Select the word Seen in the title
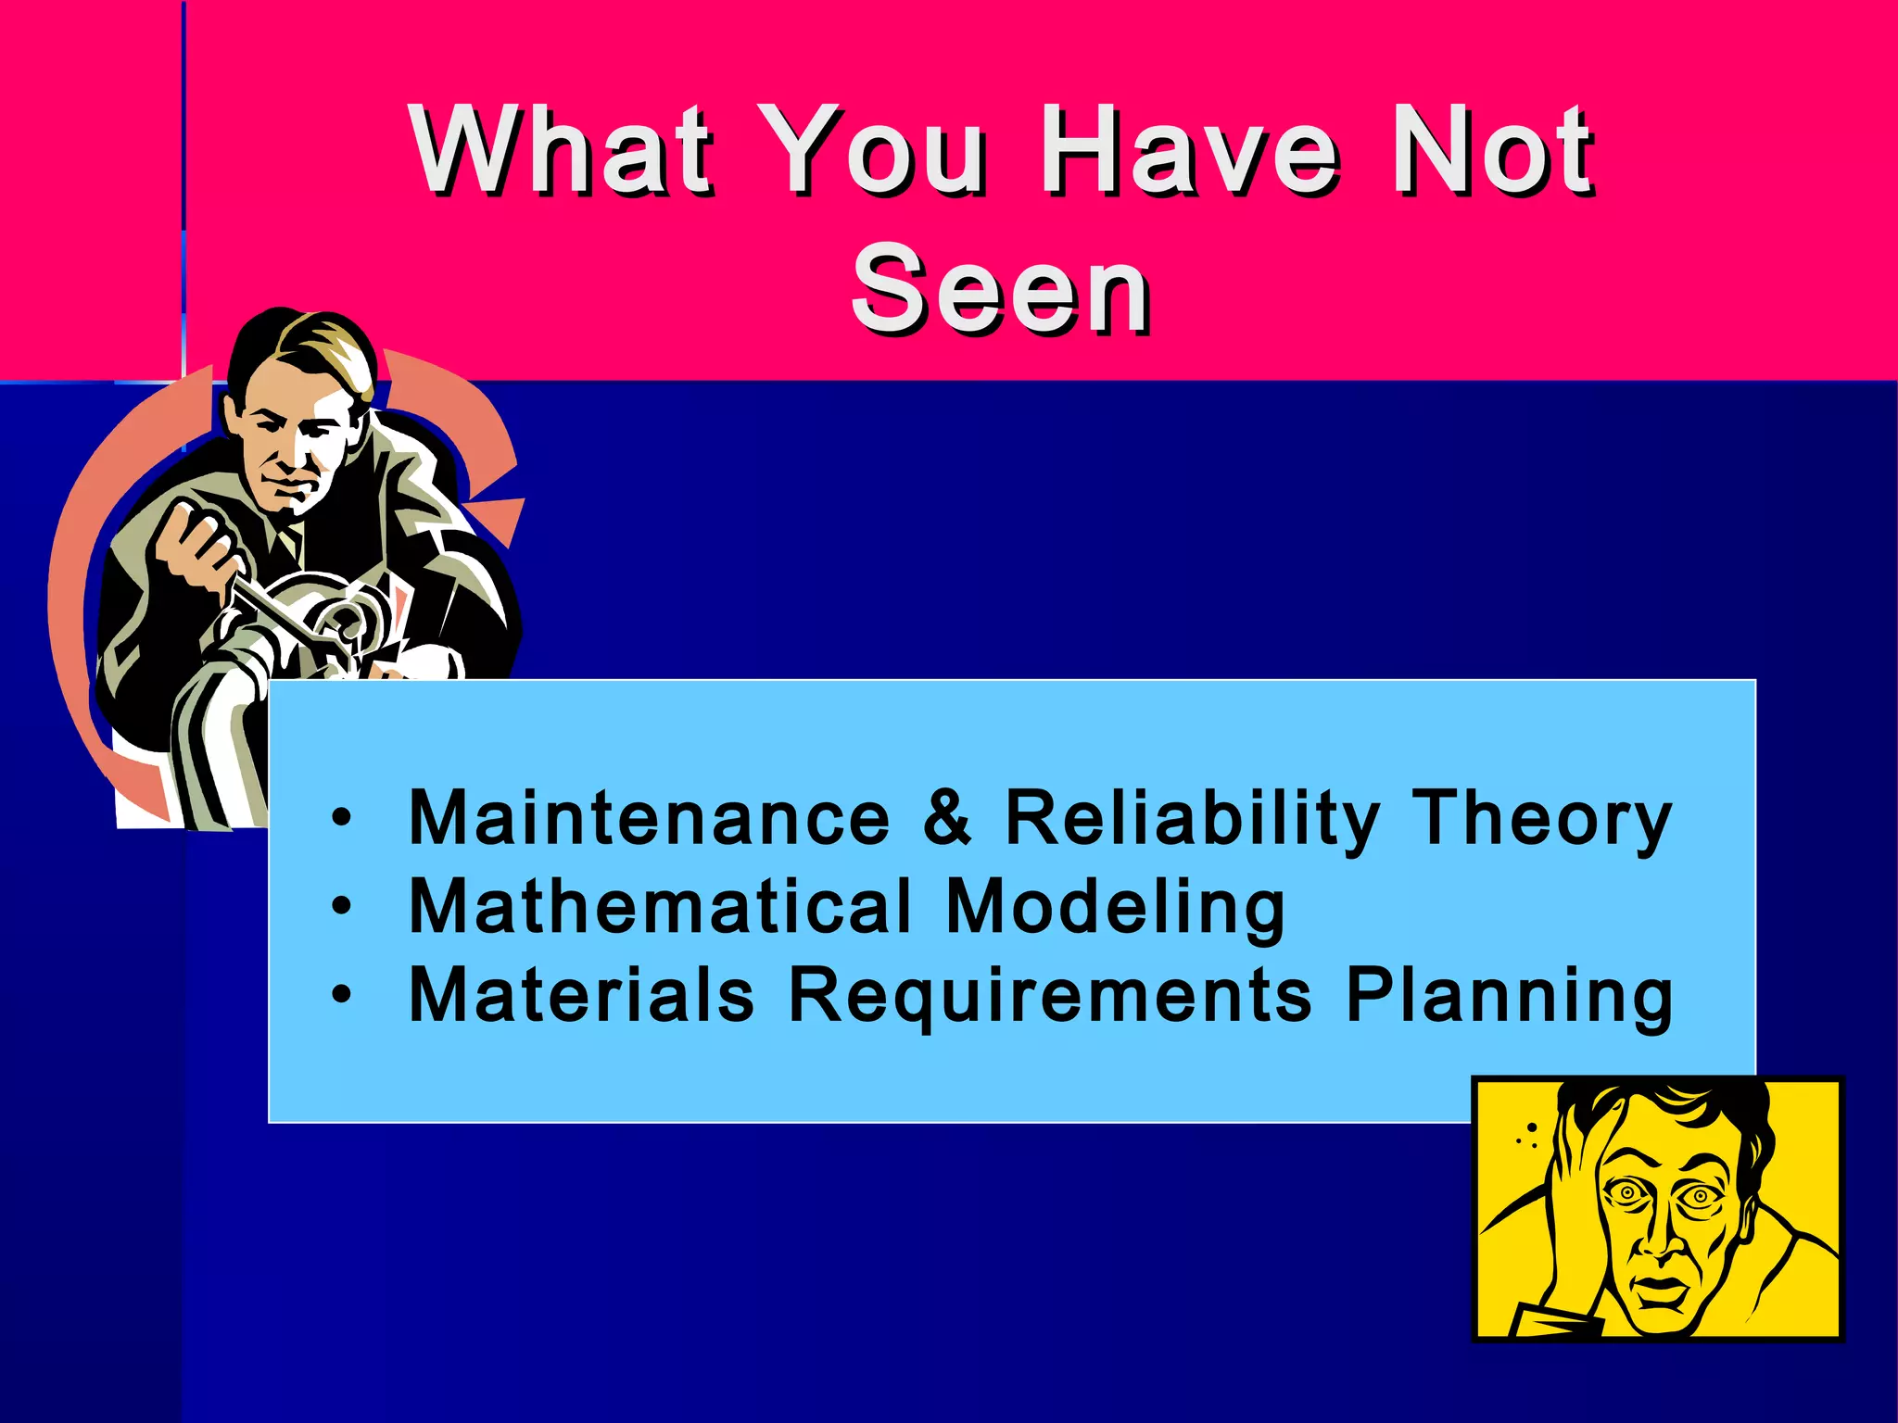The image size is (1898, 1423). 1001,289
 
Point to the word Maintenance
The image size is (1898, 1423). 649,818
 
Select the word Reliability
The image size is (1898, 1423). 1192,820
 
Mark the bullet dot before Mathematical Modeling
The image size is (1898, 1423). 342,905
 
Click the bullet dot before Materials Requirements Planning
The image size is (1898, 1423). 342,994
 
